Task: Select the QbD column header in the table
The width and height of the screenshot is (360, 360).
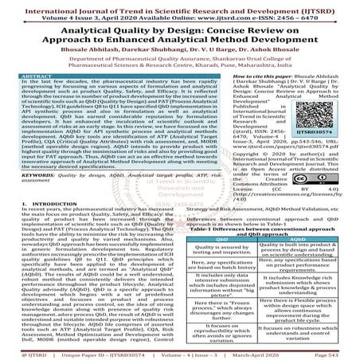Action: (221, 237)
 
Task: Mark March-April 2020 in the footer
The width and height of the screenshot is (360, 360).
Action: (280, 354)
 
